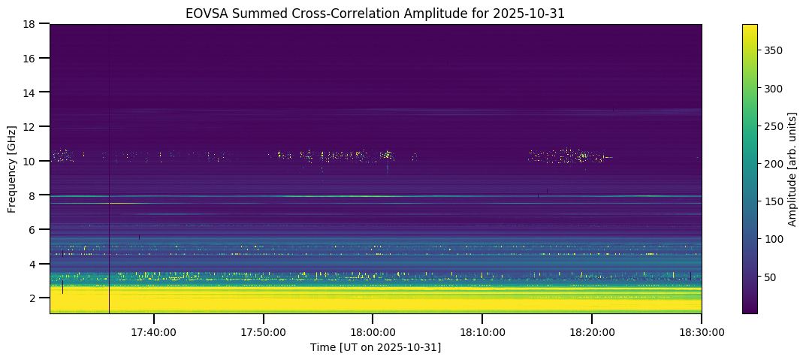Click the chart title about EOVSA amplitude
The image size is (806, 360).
(376, 13)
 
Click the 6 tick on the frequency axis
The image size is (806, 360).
(33, 229)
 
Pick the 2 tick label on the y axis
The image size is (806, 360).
(33, 298)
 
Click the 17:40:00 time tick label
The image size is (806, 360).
(154, 331)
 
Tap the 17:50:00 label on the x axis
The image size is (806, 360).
(263, 331)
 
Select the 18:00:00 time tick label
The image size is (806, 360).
(373, 331)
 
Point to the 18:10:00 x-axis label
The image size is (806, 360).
(482, 331)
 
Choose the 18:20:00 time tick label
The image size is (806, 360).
(592, 331)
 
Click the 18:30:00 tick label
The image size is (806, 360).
(701, 331)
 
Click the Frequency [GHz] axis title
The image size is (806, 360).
(12, 168)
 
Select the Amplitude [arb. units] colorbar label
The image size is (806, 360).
(792, 168)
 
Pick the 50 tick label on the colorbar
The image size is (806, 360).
(770, 277)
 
